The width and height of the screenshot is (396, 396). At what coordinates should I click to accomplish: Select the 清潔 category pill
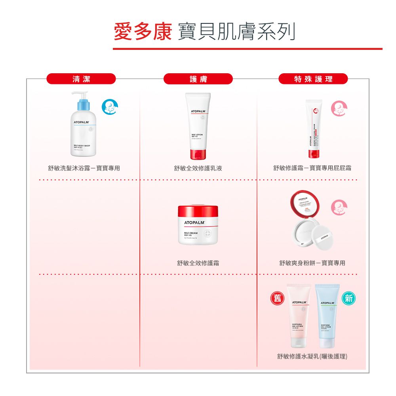pos(81,79)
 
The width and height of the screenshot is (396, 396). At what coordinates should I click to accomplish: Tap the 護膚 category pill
pos(198,79)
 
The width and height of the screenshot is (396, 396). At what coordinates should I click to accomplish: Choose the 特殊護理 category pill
pos(313,79)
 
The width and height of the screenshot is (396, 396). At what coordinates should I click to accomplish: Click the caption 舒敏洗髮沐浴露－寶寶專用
pos(84,168)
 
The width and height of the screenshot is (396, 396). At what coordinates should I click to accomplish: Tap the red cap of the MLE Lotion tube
pos(198,154)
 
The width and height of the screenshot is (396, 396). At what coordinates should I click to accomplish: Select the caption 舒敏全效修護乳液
pos(198,168)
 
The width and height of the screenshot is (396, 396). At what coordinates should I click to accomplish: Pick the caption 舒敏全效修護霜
pos(198,263)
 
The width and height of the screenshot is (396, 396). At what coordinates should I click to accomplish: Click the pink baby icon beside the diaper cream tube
pos(339,108)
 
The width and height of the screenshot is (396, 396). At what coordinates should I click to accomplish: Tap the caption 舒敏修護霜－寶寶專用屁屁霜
pos(312,168)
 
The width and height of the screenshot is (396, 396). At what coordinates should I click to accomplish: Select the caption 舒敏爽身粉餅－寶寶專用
pos(312,263)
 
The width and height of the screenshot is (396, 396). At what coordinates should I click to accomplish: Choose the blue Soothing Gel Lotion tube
pos(327,317)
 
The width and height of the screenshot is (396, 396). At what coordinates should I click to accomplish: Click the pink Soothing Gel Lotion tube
pos(299,317)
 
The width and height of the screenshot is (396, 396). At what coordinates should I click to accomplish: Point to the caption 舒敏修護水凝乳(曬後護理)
pos(312,357)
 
